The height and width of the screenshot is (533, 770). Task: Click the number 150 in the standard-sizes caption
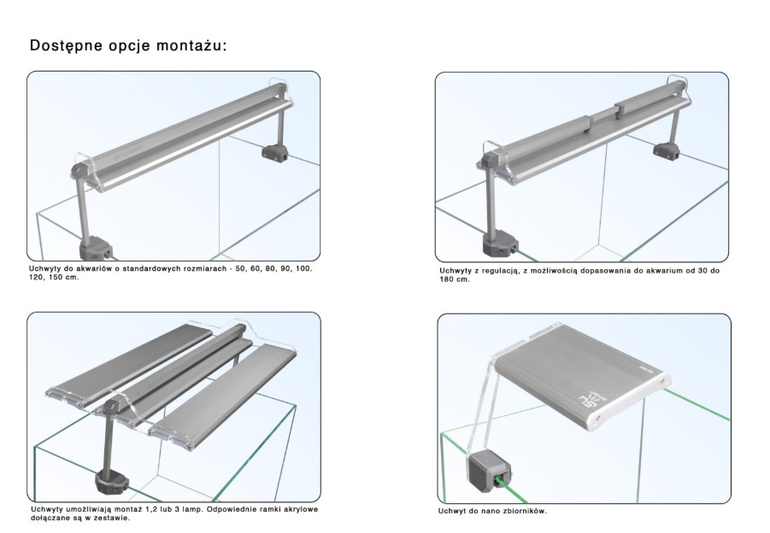click(56, 278)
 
